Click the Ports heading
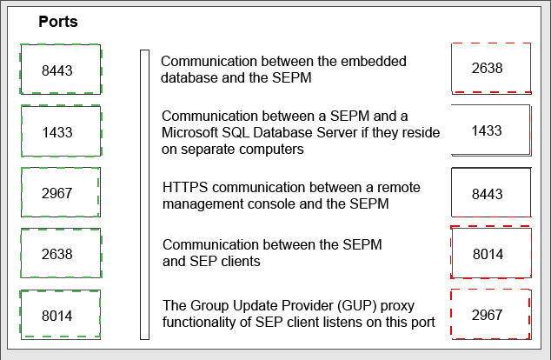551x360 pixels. click(x=58, y=22)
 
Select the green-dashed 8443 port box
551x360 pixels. click(x=61, y=70)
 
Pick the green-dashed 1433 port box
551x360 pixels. click(x=61, y=130)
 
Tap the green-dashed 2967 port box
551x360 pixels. click(x=61, y=192)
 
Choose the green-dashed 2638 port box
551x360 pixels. click(x=61, y=253)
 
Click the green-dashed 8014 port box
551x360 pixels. click(x=61, y=315)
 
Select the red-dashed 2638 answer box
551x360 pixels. click(x=491, y=69)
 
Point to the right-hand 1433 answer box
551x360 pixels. click(x=491, y=130)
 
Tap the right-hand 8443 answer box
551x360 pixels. click(x=491, y=192)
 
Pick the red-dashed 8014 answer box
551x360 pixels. click(x=491, y=252)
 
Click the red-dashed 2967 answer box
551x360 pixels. click(x=491, y=314)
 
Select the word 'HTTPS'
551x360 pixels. click(x=185, y=187)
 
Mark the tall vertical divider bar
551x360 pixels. click(x=144, y=195)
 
